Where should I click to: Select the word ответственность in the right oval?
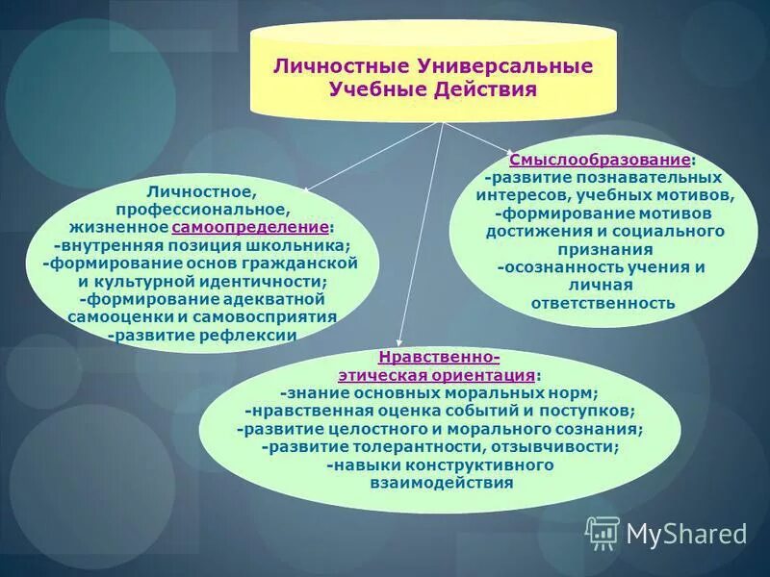point(603,303)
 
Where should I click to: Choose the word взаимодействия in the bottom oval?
point(441,483)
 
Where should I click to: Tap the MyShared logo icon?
point(603,532)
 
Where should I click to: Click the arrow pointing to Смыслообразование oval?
point(481,137)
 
